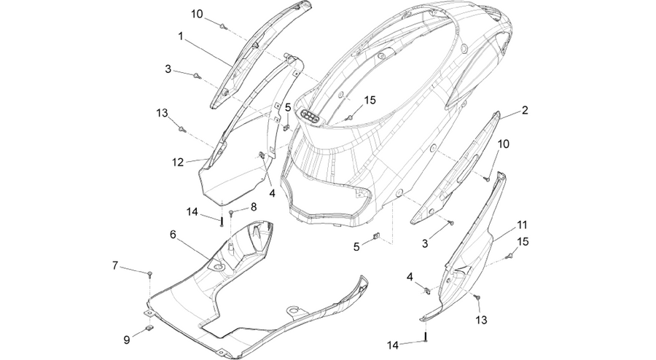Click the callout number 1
point(181,36)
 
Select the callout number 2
point(525,110)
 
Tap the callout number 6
point(173,235)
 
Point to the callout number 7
point(115,265)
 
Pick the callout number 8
point(254,206)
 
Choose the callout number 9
point(127,340)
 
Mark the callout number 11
point(522,225)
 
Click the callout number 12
point(178,163)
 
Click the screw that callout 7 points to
point(149,274)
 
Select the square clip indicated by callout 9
point(149,328)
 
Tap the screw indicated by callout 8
point(231,213)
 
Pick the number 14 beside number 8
point(192,212)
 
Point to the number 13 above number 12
point(162,113)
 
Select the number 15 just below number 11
point(523,242)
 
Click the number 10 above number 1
point(197,14)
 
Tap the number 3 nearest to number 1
point(168,69)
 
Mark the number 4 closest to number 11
point(410,277)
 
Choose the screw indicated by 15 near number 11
point(510,255)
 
